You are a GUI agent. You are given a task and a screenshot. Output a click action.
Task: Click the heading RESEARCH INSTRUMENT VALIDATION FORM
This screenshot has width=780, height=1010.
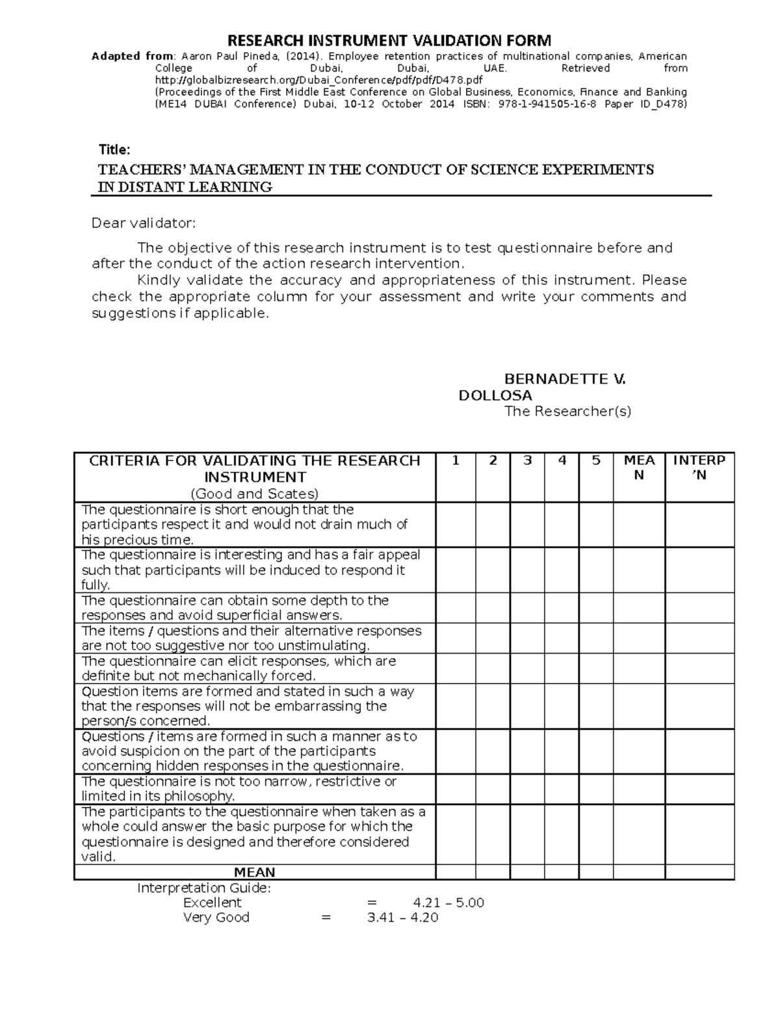click(x=389, y=40)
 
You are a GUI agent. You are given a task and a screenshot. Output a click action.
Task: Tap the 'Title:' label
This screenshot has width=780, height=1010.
click(x=114, y=150)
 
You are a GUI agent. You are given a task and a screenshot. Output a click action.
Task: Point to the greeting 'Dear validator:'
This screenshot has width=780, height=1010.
click(x=143, y=224)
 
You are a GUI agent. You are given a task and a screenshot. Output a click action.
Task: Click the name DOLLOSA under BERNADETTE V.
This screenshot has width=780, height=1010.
click(x=495, y=395)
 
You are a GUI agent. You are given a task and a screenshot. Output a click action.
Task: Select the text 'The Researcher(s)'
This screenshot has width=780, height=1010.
click(x=567, y=411)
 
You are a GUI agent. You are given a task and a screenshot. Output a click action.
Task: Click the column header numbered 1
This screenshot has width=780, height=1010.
click(x=456, y=461)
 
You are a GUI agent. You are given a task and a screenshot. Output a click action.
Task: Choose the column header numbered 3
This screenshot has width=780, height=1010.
click(x=527, y=461)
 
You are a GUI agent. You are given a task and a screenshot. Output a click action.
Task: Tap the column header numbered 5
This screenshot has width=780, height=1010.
click(x=596, y=461)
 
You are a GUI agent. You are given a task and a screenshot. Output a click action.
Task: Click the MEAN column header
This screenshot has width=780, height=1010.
click(x=639, y=468)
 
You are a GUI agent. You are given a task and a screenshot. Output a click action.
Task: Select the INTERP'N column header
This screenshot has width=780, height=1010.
click(x=699, y=468)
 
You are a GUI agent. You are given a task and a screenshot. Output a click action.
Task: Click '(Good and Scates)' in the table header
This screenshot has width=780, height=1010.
click(x=254, y=493)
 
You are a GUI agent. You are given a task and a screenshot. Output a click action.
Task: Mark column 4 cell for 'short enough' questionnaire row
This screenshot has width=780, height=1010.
click(x=562, y=524)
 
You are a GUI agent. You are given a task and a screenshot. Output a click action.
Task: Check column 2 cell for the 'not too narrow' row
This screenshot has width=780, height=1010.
click(x=493, y=788)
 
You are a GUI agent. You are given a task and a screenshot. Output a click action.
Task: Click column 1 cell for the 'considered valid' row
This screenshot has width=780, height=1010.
click(x=456, y=834)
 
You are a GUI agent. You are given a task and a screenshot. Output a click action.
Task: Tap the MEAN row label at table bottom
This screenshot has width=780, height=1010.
click(x=255, y=872)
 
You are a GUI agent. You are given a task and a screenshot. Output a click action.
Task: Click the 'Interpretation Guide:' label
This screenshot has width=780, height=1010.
click(x=204, y=888)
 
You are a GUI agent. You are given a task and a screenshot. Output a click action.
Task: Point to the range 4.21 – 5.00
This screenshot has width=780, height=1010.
click(x=448, y=903)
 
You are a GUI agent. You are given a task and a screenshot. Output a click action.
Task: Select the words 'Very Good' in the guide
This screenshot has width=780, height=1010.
click(x=216, y=918)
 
